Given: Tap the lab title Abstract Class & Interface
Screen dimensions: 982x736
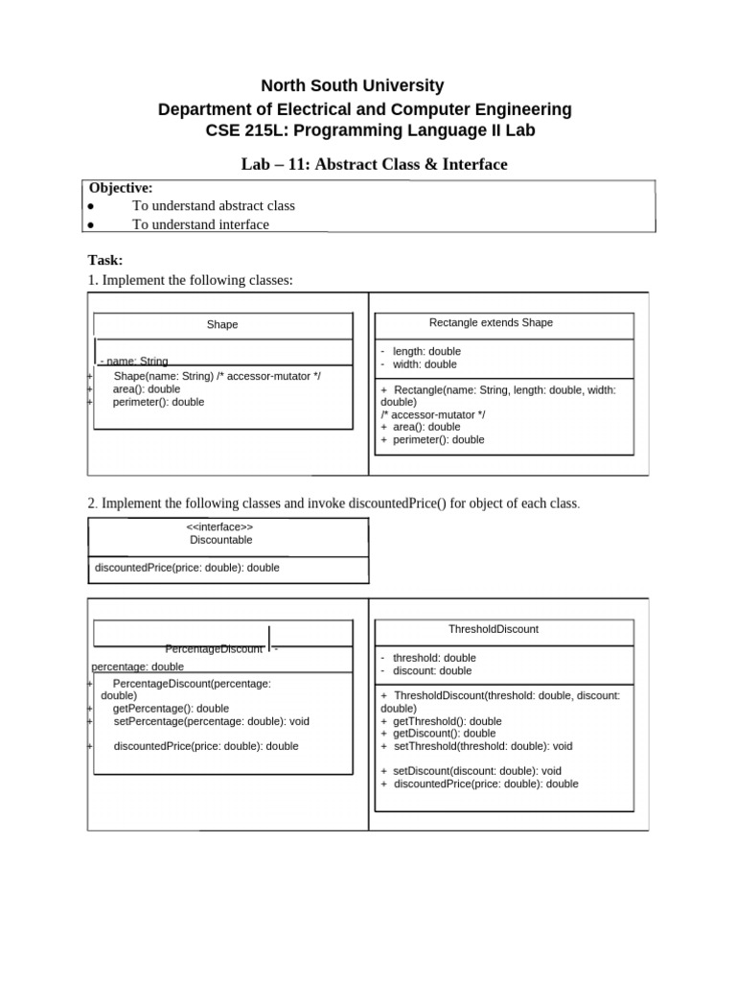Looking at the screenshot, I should pos(374,165).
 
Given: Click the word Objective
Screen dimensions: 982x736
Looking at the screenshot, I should pos(121,188).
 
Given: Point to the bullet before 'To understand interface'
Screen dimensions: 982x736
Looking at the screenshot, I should pos(90,224).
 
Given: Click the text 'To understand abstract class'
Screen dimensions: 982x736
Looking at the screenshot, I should pos(214,205).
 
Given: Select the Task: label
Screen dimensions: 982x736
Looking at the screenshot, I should pos(105,260).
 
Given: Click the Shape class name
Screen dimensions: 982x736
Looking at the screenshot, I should pos(222,325).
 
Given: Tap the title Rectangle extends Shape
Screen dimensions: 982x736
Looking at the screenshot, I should pos(491,323).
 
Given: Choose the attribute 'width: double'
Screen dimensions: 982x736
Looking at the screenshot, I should pos(425,364).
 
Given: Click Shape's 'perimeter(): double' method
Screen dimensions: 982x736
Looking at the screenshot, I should pos(158,403).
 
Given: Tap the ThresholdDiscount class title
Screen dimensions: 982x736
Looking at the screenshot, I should pos(493,629).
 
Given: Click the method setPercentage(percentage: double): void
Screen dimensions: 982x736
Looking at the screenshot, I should pos(211,721).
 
